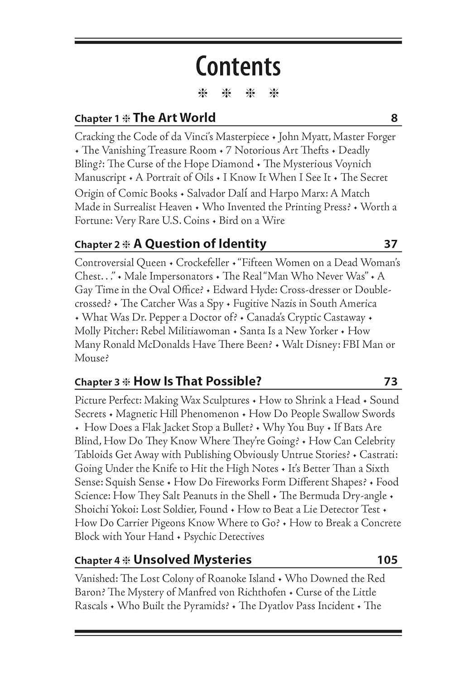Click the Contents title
(238, 66)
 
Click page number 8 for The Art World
(394, 118)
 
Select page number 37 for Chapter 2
(390, 244)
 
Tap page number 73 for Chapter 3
(390, 382)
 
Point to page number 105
(387, 560)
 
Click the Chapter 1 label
(93, 119)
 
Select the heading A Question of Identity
(200, 244)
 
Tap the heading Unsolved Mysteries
(193, 560)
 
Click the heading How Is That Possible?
(198, 381)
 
